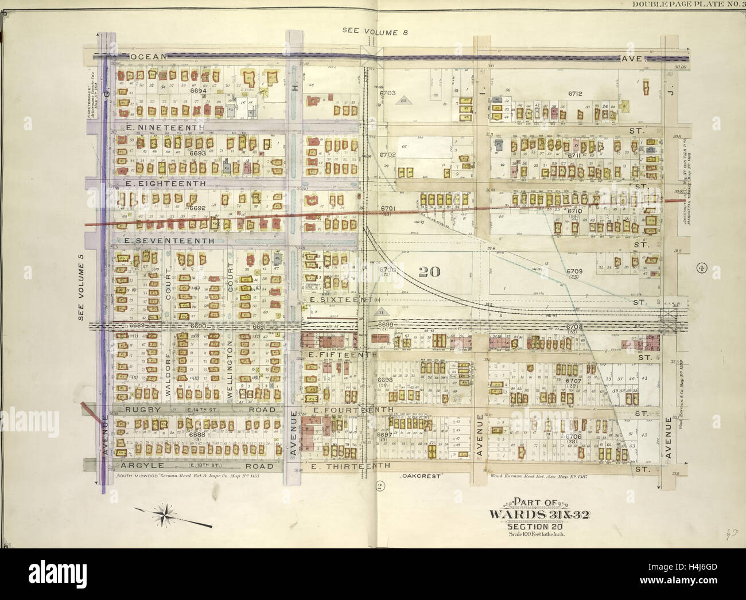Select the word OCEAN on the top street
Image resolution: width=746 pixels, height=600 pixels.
[148, 57]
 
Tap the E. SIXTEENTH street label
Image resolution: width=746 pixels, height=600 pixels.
[344, 299]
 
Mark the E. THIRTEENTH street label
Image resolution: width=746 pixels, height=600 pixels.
[351, 466]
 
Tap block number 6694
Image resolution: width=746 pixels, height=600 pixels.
[199, 91]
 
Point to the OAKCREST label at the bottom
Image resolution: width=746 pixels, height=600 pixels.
[415, 476]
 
